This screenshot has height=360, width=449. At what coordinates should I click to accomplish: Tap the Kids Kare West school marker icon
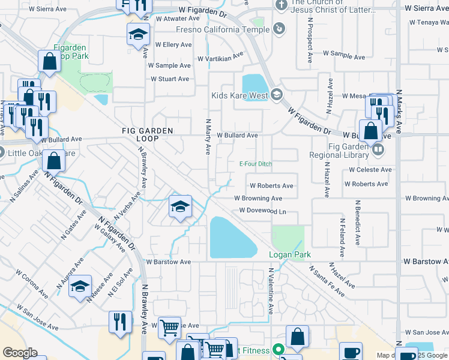pyautogui.click(x=276, y=94)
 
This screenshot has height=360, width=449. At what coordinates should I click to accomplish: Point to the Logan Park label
pyautogui.click(x=289, y=255)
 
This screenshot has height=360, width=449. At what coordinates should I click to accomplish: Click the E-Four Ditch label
pyautogui.click(x=256, y=164)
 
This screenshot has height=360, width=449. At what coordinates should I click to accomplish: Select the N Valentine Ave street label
pyautogui.click(x=271, y=291)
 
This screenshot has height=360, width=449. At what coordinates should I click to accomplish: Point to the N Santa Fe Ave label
pyautogui.click(x=336, y=279)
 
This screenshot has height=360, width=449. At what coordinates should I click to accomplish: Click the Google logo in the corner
pyautogui.click(x=20, y=352)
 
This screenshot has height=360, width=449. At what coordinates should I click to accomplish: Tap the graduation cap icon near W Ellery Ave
pyautogui.click(x=138, y=34)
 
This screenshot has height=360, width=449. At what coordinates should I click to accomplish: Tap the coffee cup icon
pyautogui.click(x=351, y=352)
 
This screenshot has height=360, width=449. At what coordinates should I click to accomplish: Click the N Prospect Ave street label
pyautogui.click(x=310, y=40)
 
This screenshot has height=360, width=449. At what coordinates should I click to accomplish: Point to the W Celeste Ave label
pyautogui.click(x=370, y=170)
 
